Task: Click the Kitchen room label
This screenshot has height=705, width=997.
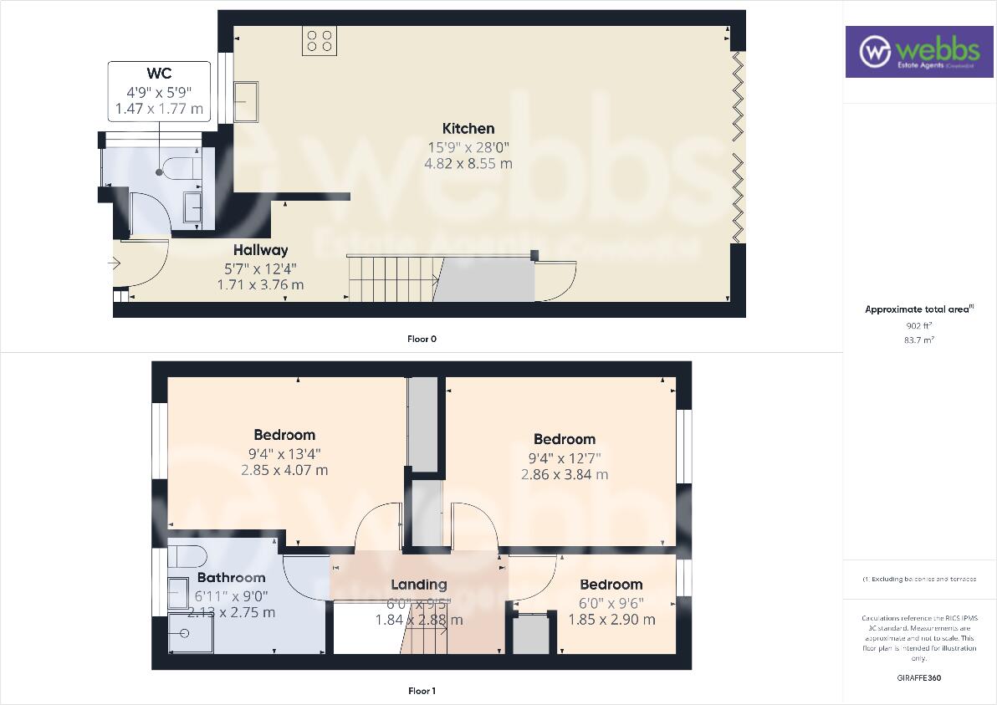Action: tap(468, 129)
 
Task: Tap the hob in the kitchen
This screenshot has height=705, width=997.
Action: tap(320, 42)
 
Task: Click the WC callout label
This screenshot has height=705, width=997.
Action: tap(159, 74)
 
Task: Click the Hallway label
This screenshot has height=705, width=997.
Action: tap(260, 250)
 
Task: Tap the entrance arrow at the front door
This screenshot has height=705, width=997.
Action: tap(114, 263)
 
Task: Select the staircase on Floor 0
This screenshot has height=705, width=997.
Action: tap(393, 279)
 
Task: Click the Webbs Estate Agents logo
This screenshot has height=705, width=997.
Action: tap(912, 52)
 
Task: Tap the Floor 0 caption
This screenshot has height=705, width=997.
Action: tap(422, 340)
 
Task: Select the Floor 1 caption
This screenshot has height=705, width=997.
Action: tap(422, 691)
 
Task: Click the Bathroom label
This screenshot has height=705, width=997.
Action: tap(232, 578)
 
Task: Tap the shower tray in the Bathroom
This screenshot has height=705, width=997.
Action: tap(185, 632)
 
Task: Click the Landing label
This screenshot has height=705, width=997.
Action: tap(419, 585)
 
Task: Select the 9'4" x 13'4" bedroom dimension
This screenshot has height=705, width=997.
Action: tap(284, 454)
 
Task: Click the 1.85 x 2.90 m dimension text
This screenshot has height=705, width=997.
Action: tap(611, 620)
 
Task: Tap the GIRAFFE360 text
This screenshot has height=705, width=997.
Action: tap(918, 677)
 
